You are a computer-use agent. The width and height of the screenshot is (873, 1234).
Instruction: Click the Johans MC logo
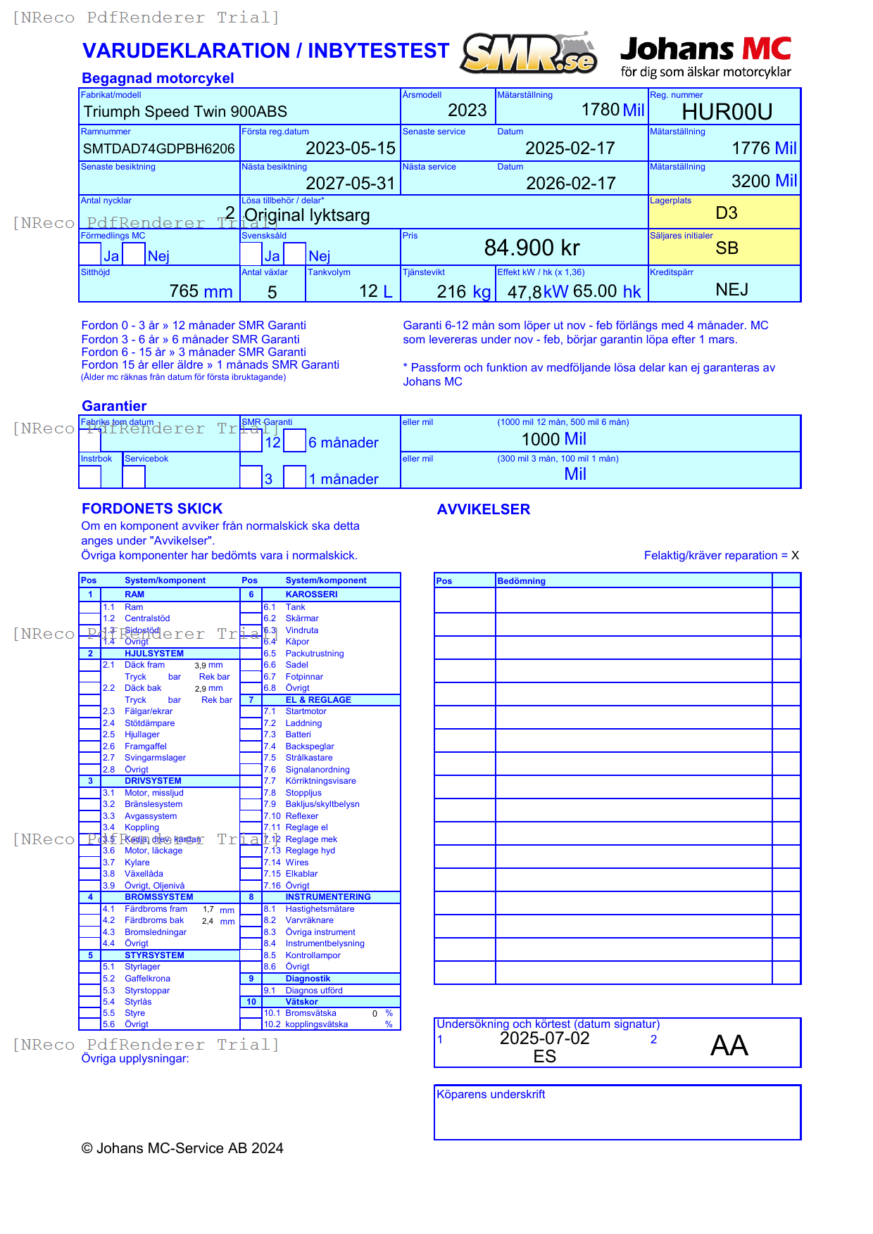tap(705, 56)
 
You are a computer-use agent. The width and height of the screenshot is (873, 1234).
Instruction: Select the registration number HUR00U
tap(727, 112)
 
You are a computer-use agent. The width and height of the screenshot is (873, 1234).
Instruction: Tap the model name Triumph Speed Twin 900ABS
tap(185, 112)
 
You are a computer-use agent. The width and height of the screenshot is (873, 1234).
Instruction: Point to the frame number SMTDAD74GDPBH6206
tap(158, 148)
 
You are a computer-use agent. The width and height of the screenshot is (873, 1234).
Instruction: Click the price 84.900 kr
tap(532, 248)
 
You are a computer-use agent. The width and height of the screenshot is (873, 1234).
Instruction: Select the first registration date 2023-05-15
tap(350, 148)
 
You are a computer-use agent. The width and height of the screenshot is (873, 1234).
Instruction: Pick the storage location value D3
tap(726, 213)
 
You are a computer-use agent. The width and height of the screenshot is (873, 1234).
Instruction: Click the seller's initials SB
tap(727, 248)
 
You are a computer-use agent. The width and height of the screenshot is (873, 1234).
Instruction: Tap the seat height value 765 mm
tap(201, 291)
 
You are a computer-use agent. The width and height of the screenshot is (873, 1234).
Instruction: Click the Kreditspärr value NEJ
tap(731, 290)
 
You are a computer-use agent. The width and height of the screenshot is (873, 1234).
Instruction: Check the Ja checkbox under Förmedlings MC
tap(90, 254)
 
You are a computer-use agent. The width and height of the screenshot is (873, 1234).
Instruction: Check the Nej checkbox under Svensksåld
tap(294, 254)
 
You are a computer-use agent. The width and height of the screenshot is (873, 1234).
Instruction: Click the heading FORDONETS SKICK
tap(152, 509)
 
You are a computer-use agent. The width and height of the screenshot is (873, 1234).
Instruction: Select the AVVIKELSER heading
tap(483, 509)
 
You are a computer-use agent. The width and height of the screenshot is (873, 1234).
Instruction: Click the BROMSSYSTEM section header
tap(158, 897)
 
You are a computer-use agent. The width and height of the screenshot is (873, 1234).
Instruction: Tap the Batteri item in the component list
tap(298, 734)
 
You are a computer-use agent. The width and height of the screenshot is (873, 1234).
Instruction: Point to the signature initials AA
tap(729, 1045)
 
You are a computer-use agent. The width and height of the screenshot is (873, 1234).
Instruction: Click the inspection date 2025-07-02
tap(544, 1038)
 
